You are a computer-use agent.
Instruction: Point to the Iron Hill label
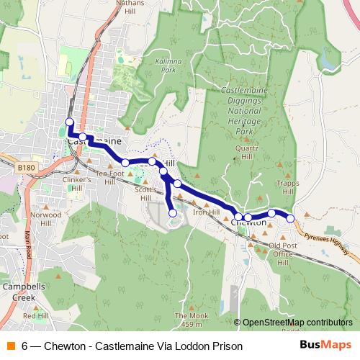[205, 212]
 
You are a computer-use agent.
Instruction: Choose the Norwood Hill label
[46, 219]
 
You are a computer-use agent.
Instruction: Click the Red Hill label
[35, 316]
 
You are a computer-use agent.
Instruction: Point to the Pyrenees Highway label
[332, 241]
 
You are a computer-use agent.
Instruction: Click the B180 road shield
[26, 168]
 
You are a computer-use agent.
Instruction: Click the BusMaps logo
[325, 346]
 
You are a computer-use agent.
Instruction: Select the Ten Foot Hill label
[109, 177]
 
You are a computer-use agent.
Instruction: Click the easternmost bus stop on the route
[290, 217]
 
